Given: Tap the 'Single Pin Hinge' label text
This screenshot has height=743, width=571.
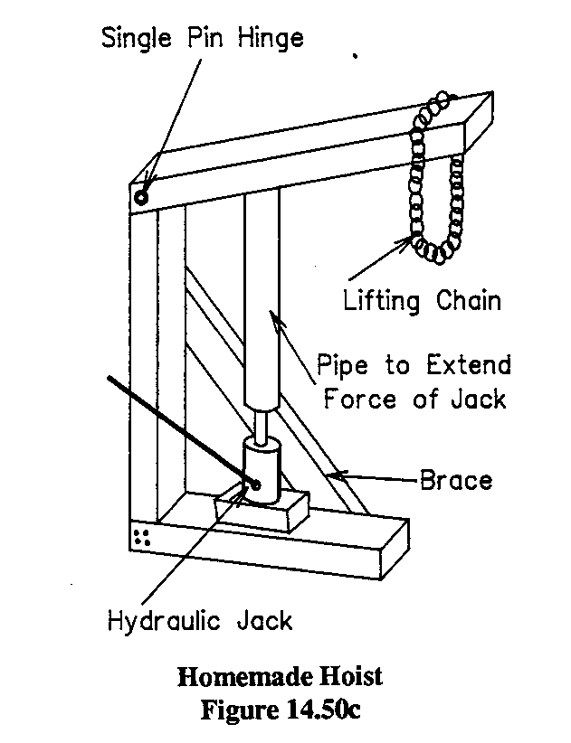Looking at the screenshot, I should pos(203,39).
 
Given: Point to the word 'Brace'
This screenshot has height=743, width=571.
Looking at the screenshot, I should pos(456,479).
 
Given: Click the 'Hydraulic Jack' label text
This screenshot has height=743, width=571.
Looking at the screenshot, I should pos(200,622).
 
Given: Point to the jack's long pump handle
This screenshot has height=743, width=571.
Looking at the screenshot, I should pos(172,425).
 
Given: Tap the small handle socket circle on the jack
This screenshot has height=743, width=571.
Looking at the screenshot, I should pos(255,485).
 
